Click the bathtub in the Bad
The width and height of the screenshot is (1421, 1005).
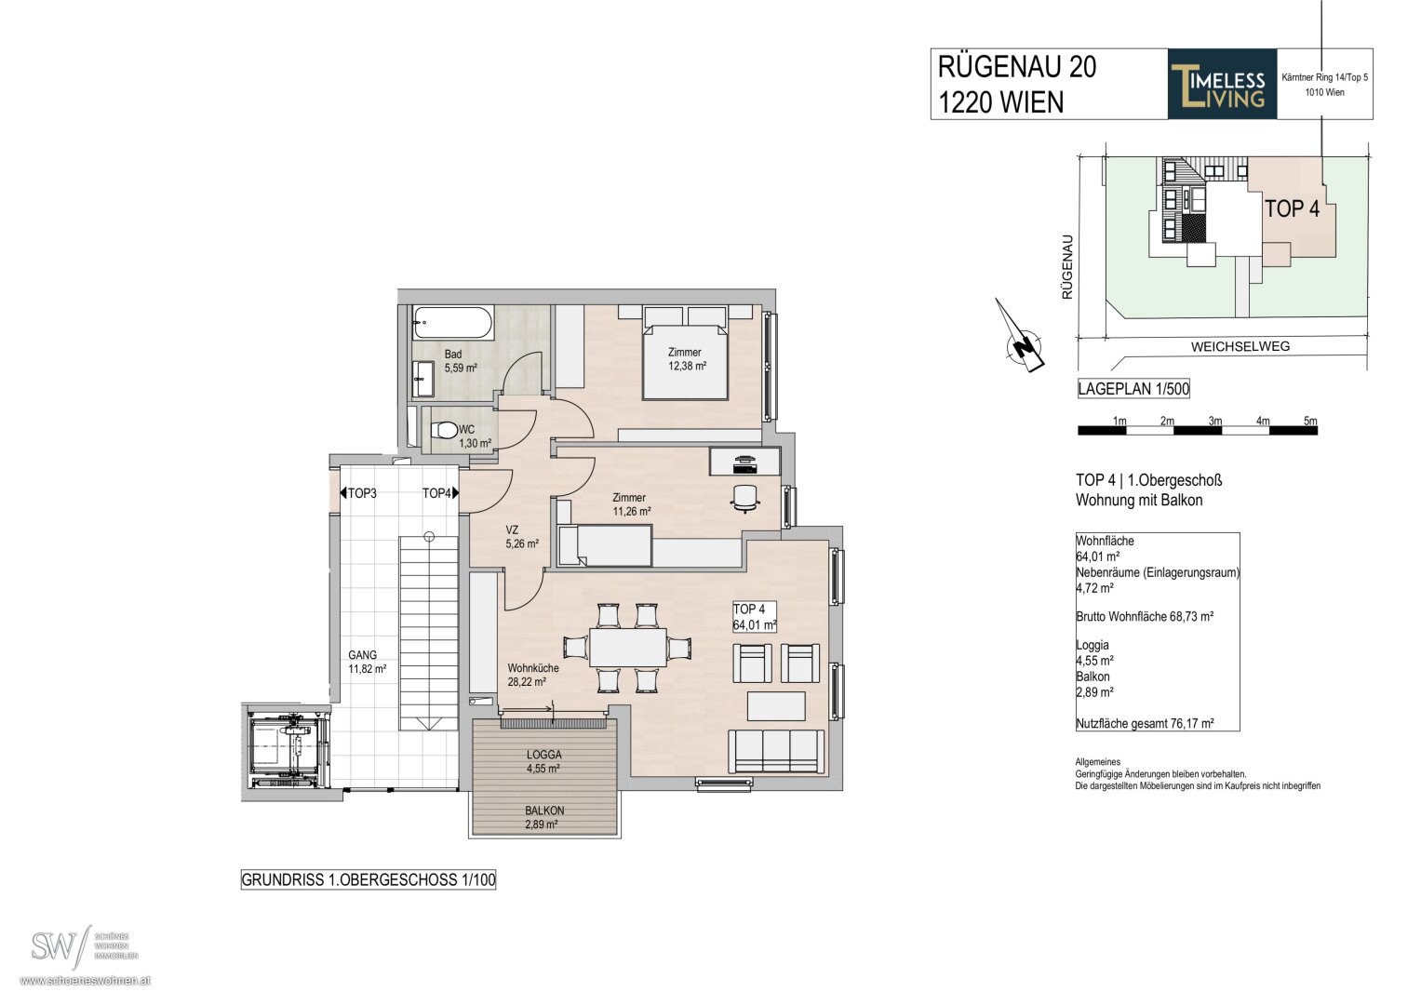coord(452,324)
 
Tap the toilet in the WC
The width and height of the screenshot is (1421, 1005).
coord(444,430)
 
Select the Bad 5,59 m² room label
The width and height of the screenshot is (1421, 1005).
coord(461,361)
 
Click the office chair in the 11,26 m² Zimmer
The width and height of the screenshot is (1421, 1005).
coord(745,498)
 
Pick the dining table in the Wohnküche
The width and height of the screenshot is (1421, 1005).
coord(627,648)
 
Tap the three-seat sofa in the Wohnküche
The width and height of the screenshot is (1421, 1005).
coord(776,752)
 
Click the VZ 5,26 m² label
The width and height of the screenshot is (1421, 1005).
coord(521,537)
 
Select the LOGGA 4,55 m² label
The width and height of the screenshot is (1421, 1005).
coord(543,761)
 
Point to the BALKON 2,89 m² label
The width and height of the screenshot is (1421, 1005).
coord(543,818)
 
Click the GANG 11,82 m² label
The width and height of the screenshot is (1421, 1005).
coord(367,662)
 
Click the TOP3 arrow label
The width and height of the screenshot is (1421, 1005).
coord(358,493)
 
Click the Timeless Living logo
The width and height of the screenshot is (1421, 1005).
coord(1222,84)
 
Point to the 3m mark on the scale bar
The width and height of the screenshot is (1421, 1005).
coord(1214,422)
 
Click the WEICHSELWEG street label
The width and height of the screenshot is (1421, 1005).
coord(1240,346)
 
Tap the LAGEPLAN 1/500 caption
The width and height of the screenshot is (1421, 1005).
coord(1133,388)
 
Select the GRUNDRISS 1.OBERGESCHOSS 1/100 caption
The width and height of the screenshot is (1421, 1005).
coord(368,880)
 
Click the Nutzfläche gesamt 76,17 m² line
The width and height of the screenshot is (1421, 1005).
coord(1145,723)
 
